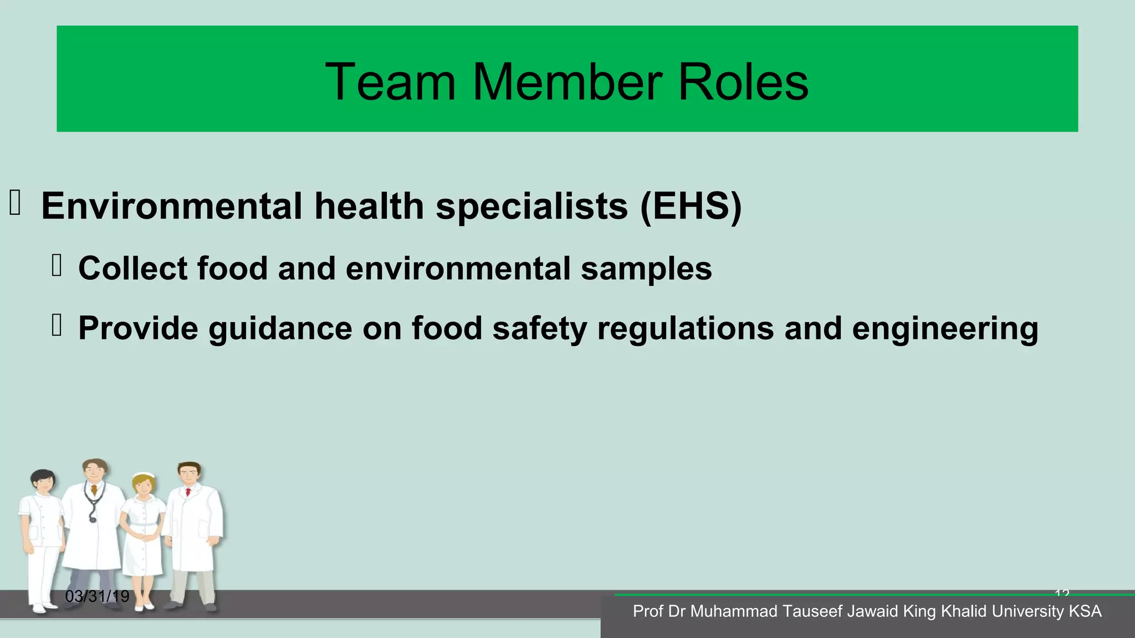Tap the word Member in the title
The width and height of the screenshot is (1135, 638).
567,82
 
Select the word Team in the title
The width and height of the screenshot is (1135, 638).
390,82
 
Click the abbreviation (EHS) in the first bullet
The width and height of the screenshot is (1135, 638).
691,206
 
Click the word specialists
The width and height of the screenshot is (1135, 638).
532,206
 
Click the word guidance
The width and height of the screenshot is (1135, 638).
280,328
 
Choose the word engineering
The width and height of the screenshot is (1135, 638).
945,328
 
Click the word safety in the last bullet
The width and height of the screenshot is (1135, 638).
539,328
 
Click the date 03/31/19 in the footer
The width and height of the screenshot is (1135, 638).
97,596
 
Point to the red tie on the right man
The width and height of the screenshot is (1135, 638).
188,492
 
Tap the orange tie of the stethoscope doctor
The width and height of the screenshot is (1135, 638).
95,490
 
